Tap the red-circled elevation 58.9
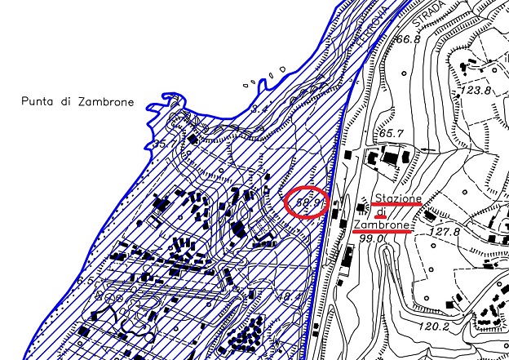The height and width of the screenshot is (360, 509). (307, 200)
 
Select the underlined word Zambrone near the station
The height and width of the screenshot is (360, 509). (382, 224)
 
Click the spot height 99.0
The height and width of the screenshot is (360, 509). (371, 238)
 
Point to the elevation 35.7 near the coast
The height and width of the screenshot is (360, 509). (166, 144)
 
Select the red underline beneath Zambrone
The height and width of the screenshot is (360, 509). (381, 232)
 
